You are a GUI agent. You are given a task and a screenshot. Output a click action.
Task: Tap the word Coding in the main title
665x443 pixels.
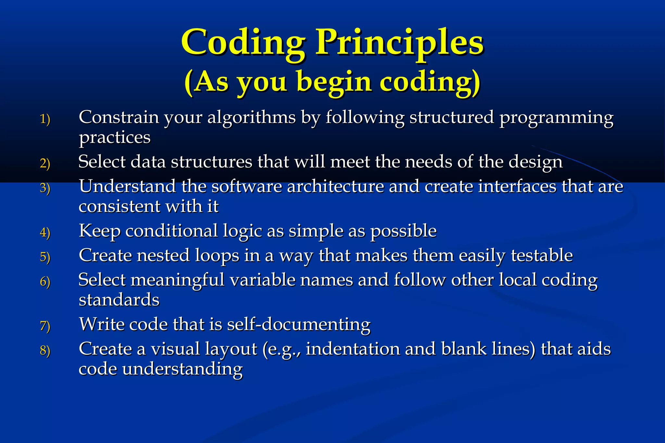[x=244, y=42]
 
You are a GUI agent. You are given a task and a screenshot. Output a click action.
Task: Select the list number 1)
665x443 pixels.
[x=45, y=119]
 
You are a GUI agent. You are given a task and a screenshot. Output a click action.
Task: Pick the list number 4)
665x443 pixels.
[x=45, y=232]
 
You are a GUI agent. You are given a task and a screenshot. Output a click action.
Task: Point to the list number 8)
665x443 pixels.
[x=45, y=351]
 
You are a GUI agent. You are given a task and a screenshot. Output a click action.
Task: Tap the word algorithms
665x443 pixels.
[x=252, y=117]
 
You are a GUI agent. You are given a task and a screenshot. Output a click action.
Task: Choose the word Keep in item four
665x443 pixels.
[x=100, y=231]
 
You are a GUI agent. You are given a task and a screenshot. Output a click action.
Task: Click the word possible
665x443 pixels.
[x=404, y=231]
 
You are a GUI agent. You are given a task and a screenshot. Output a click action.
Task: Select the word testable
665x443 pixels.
[x=542, y=255]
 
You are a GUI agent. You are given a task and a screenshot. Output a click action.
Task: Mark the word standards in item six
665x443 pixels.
[x=119, y=300]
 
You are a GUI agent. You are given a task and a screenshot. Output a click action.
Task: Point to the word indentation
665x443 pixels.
[x=353, y=349]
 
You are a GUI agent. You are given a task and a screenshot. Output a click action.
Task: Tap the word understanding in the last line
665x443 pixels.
[x=182, y=369]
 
